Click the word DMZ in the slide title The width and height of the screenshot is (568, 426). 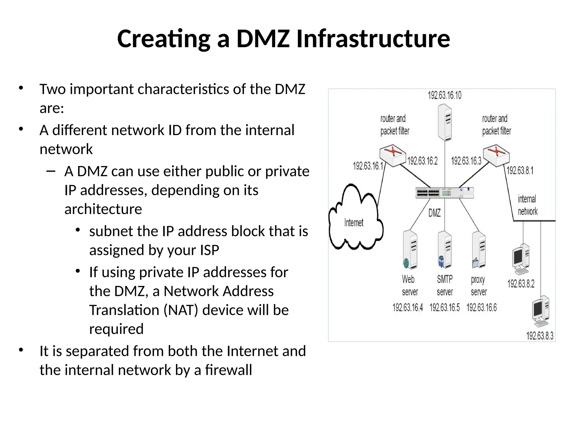[x=263, y=39]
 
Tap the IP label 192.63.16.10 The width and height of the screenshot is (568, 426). [x=445, y=95]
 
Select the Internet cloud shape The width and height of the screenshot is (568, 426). [x=355, y=219]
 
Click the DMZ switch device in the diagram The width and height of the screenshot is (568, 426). [x=445, y=193]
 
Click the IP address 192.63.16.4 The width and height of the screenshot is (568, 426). [x=408, y=308]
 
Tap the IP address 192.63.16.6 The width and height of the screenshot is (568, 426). [x=481, y=308]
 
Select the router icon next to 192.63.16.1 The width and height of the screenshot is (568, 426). [x=392, y=155]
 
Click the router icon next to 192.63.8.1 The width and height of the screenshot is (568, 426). [x=496, y=155]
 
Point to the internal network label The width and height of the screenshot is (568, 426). [x=527, y=205]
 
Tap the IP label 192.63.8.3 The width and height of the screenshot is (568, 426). [x=540, y=336]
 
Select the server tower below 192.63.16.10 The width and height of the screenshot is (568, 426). [x=445, y=122]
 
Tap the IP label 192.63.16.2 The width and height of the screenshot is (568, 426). [x=422, y=161]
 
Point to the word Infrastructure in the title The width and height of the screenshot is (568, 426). [x=373, y=39]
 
